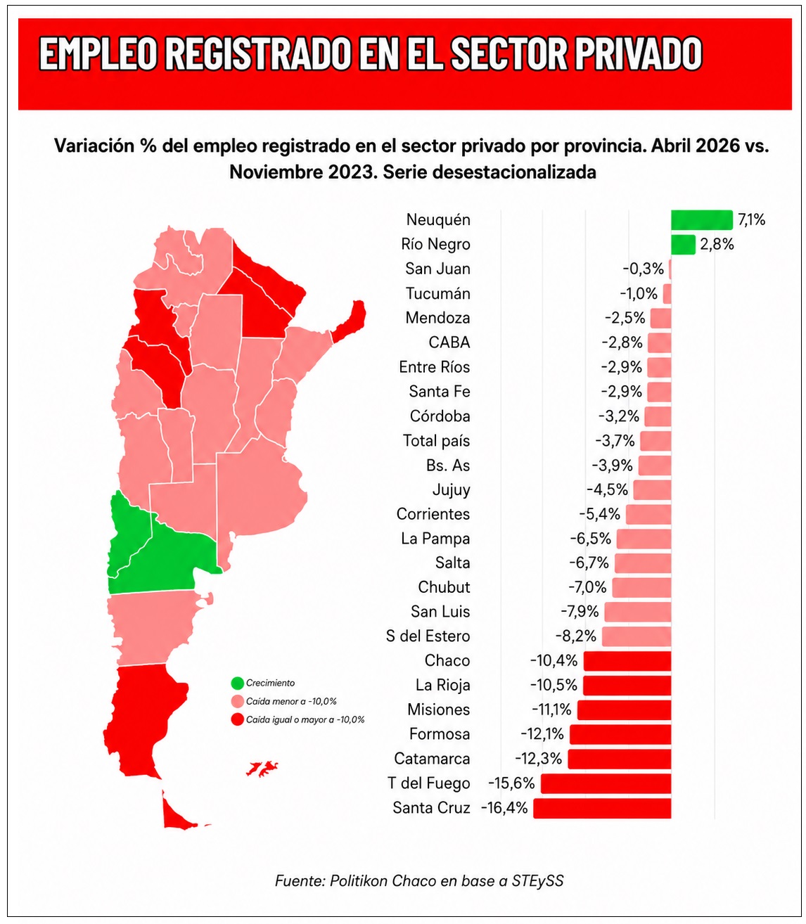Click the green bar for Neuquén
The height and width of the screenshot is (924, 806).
click(x=701, y=220)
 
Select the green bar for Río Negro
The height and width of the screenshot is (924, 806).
click(x=683, y=244)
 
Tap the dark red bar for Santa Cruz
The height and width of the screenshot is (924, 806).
click(x=602, y=808)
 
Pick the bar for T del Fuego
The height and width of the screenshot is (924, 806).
click(x=606, y=783)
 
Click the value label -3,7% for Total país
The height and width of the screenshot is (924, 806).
click(x=615, y=441)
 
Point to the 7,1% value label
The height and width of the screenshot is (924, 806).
click(x=751, y=220)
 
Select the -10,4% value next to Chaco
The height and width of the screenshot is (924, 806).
click(x=554, y=661)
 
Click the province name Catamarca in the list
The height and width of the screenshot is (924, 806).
click(x=432, y=759)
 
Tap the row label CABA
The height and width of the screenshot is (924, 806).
click(x=449, y=342)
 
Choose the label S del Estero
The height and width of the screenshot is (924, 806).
click(x=428, y=636)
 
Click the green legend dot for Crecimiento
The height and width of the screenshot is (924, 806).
click(x=238, y=684)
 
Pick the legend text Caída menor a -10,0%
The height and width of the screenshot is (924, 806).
click(x=291, y=701)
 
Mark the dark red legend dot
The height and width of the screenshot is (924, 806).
click(x=238, y=719)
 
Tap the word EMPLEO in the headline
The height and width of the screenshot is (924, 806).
click(x=99, y=53)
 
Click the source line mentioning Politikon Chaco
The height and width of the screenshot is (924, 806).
click(x=419, y=881)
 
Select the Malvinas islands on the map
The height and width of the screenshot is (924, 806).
click(x=262, y=768)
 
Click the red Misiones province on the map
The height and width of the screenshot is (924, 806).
click(x=349, y=321)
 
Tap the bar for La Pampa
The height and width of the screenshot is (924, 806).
click(x=644, y=539)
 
